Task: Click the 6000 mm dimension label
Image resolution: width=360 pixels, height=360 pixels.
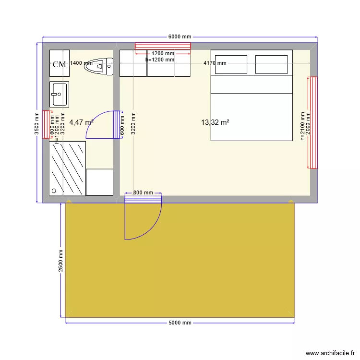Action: point(180,37)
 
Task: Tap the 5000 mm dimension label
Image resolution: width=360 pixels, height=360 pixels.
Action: point(180,323)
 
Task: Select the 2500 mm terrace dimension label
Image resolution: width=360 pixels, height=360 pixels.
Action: point(61,261)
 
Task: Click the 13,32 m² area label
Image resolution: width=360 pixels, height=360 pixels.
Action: point(215,122)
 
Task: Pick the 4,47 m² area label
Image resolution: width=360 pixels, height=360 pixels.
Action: point(81,122)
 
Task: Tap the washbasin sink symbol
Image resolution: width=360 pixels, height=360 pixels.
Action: point(60,94)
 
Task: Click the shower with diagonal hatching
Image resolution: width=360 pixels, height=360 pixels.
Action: point(68,168)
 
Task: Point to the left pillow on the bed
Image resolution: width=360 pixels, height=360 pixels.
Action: point(231,64)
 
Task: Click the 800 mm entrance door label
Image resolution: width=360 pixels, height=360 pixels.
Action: point(143,192)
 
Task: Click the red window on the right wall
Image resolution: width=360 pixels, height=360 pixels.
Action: point(312,122)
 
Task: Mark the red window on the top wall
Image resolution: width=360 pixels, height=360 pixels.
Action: point(163,46)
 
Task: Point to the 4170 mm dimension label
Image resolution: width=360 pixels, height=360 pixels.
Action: point(215,63)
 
